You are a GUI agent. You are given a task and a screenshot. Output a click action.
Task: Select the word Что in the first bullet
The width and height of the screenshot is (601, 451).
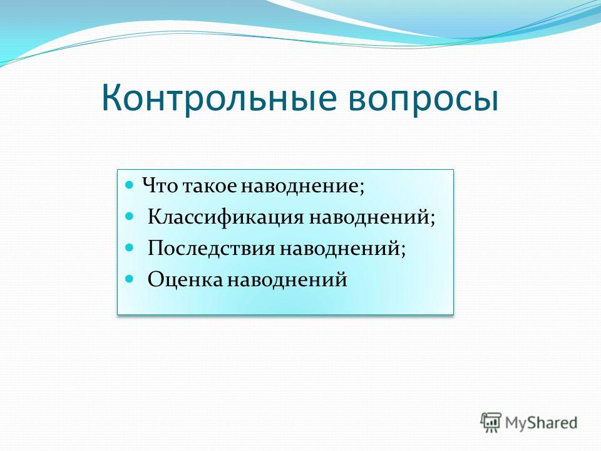coord(160,185)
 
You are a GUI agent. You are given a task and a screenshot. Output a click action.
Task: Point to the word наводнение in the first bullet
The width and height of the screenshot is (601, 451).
coord(299,186)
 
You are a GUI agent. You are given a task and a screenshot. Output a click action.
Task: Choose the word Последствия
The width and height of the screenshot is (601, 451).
coord(211,249)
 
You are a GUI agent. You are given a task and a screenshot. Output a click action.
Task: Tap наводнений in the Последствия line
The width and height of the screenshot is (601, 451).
coord(339,249)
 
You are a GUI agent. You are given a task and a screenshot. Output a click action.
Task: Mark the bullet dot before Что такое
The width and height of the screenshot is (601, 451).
coord(130,185)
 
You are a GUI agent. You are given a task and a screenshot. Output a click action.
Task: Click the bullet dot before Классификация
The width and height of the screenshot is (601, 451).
coord(130,216)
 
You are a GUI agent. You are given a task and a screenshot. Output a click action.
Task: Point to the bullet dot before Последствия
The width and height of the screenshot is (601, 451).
coord(130,247)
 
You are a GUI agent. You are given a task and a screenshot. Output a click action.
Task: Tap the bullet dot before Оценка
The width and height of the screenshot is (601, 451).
coord(130,277)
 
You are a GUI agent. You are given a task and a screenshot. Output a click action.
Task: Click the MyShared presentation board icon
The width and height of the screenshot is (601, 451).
coord(491,422)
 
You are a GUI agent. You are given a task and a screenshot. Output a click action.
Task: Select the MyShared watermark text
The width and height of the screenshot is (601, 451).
coord(541,423)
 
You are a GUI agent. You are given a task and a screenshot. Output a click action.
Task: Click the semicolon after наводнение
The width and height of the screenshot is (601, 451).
coord(361,188)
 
